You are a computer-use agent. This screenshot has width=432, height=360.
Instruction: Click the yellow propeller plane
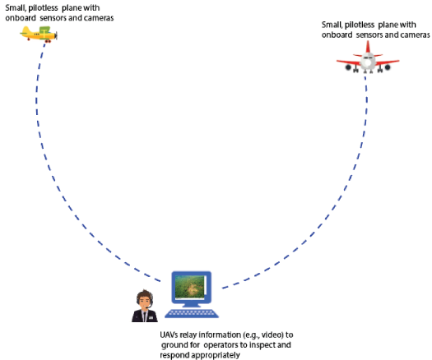point(39,35)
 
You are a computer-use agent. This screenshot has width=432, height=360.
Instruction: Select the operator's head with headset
point(145,299)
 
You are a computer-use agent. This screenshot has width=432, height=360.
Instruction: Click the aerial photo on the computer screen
point(190,287)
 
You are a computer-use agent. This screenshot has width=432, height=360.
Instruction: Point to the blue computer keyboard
point(192,313)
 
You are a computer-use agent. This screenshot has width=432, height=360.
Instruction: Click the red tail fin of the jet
point(368,47)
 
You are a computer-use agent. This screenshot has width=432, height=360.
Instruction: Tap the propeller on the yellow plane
point(56,35)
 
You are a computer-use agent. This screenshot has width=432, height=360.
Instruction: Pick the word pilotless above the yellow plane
point(44,8)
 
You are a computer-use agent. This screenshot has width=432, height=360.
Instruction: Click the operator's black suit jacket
point(145,316)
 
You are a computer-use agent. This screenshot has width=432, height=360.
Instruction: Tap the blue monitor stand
point(192,304)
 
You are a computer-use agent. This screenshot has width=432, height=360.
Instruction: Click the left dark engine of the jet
point(348,67)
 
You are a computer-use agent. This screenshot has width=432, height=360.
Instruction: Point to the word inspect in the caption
point(262,345)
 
